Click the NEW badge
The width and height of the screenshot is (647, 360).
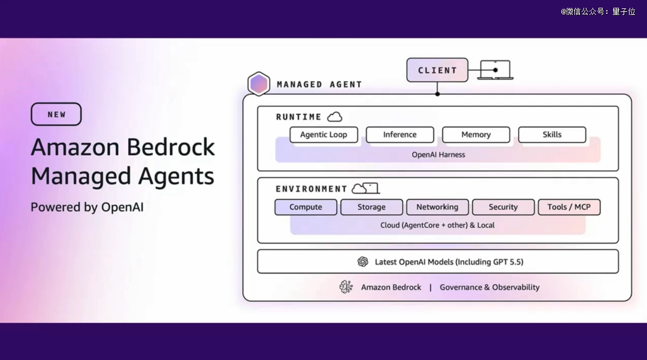click(x=56, y=114)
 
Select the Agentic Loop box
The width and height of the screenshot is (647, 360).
click(x=323, y=135)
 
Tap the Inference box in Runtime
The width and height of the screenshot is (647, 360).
click(x=400, y=135)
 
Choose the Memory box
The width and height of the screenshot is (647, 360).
click(x=476, y=135)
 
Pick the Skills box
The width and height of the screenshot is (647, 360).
click(x=552, y=135)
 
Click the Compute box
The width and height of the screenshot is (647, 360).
click(x=306, y=207)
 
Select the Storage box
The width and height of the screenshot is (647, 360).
click(x=371, y=207)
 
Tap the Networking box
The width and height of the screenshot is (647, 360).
click(x=437, y=207)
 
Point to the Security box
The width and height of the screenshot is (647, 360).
click(x=503, y=207)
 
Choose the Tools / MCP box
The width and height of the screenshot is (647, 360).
click(x=569, y=207)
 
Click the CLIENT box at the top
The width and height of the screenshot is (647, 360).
click(x=437, y=70)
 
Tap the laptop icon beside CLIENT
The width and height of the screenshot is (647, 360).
click(x=495, y=70)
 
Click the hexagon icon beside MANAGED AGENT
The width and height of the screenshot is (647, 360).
click(x=259, y=84)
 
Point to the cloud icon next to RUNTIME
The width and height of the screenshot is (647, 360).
click(x=334, y=117)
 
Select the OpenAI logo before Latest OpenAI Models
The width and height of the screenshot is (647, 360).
click(x=362, y=262)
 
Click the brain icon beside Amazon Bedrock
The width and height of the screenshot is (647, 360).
click(x=346, y=287)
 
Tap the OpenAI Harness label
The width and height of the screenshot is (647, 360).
click(x=438, y=155)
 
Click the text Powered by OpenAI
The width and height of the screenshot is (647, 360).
click(x=87, y=207)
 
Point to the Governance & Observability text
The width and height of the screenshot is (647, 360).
click(x=489, y=288)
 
